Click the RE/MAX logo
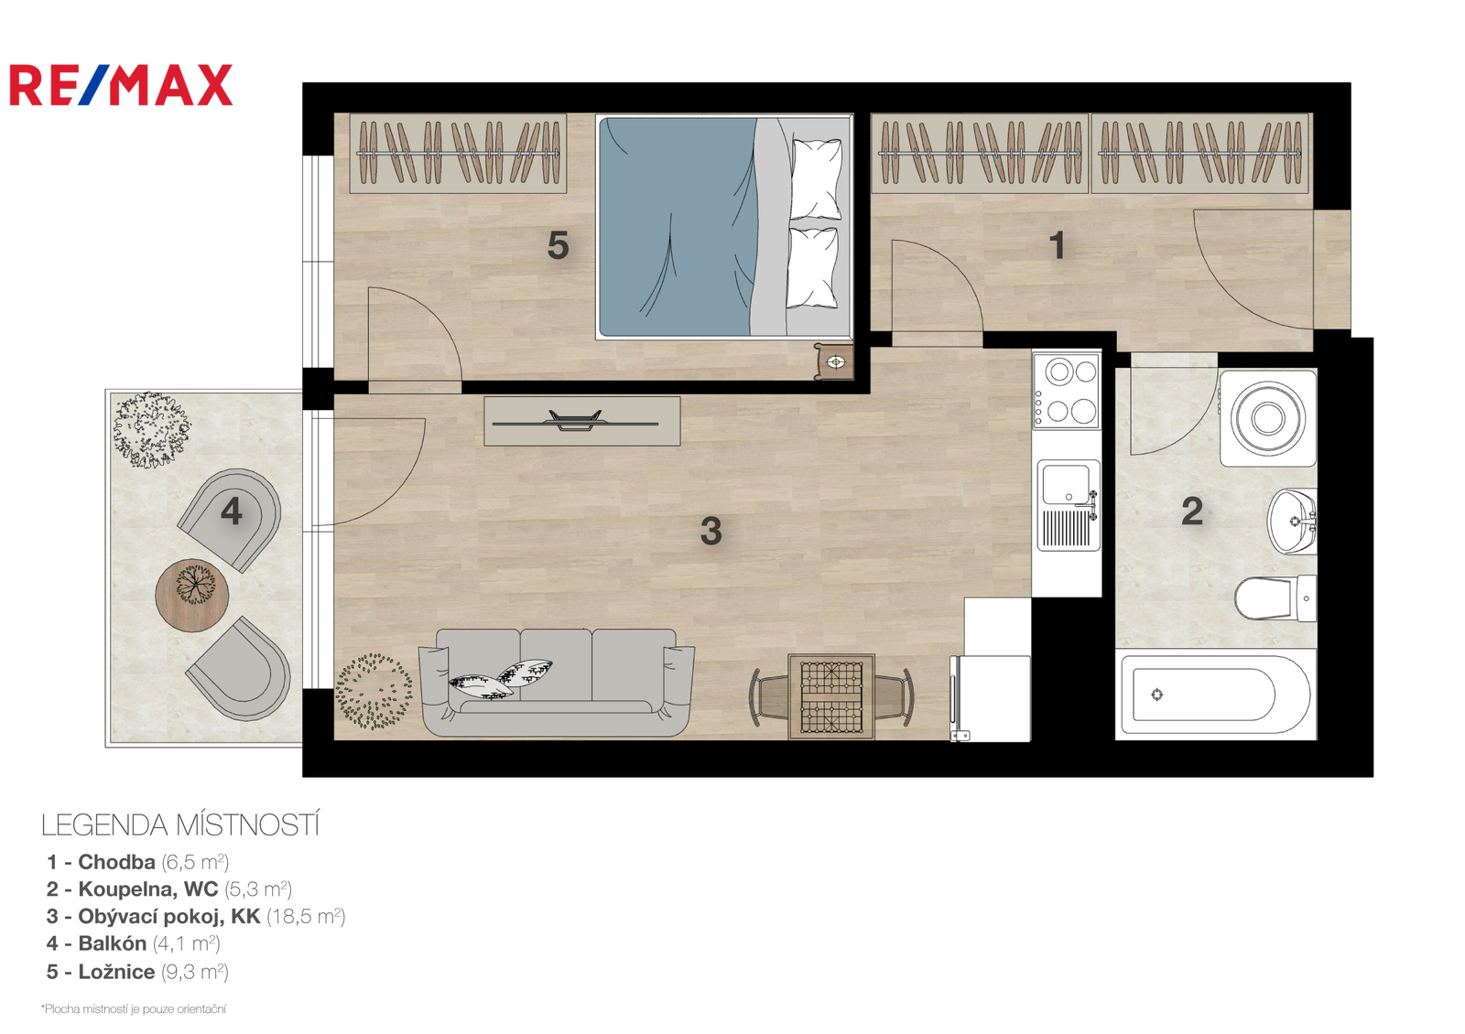pos(121,85)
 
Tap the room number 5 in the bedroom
pos(558,246)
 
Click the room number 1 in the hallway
pos(1057,246)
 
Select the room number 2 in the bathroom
pos(1191,512)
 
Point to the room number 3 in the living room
pos(711,531)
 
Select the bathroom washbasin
pos(1292,521)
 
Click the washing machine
pos(1268,418)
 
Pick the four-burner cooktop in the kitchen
pos(1067,392)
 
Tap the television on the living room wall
pos(581,422)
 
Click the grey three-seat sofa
pos(556,682)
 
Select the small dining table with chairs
pos(831,696)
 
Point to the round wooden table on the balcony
pos(191,595)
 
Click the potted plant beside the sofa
pos(374,692)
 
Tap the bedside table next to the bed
pos(834,361)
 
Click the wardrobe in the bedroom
pos(458,154)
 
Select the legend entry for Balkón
pos(133,943)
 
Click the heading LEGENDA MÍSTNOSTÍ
pos(180,825)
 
